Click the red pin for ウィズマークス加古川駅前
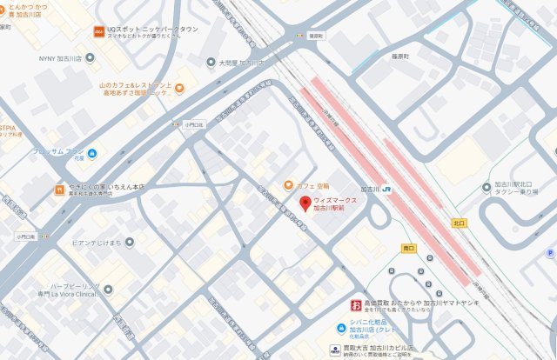coord(305,204)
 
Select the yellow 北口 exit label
coord(459,223)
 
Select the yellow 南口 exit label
coord(409,248)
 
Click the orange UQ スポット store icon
coord(98,31)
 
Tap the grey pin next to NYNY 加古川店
coord(84,58)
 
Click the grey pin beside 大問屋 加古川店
coord(211,62)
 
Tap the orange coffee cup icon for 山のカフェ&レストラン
coord(179,88)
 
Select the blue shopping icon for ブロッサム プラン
coord(91,154)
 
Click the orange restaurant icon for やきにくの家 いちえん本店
coord(58,188)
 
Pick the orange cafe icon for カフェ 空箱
coord(288,185)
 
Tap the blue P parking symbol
coord(550,253)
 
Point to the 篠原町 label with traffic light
coord(315,36)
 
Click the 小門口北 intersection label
coord(193,124)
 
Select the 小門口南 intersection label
coord(23,237)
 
